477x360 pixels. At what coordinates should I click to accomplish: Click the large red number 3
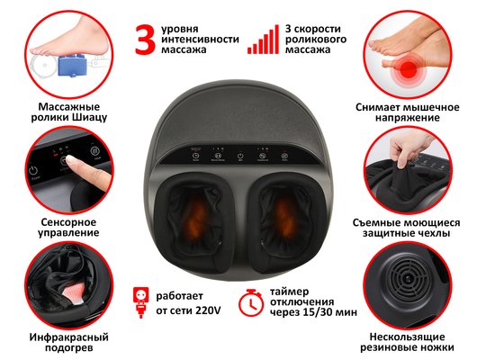(x=146, y=40)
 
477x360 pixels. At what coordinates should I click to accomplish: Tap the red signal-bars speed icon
(x=263, y=40)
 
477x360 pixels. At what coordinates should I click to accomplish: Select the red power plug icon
(x=140, y=302)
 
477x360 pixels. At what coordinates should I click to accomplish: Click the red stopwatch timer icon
(x=251, y=302)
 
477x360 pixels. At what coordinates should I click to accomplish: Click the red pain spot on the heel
(x=409, y=68)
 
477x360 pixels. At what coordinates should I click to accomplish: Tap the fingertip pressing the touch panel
(x=71, y=160)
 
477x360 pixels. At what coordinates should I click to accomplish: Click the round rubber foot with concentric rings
(x=408, y=279)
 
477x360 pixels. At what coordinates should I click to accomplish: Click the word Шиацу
(x=90, y=118)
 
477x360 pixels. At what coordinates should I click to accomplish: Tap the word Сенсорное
(x=68, y=222)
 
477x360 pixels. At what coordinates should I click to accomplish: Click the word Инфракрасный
(x=69, y=337)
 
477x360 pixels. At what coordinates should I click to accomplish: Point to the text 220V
(x=208, y=310)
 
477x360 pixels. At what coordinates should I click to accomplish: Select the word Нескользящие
(x=407, y=337)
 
